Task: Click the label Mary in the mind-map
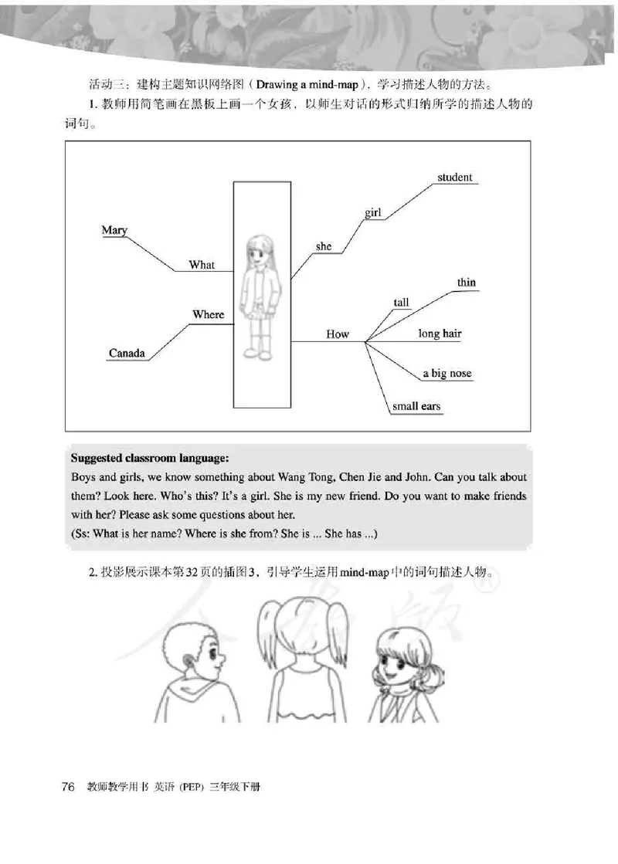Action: point(114,230)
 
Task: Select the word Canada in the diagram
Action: point(127,354)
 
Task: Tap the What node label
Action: point(202,265)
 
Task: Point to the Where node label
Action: point(208,314)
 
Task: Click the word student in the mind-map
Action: point(454,178)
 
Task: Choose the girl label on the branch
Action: point(373,212)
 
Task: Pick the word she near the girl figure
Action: point(324,246)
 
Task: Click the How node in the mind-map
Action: point(338,334)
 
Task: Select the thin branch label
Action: point(467,283)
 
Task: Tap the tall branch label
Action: point(402,303)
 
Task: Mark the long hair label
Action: point(440,334)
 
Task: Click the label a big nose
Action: point(447,374)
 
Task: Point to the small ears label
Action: point(416,406)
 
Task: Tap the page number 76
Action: point(67,787)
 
